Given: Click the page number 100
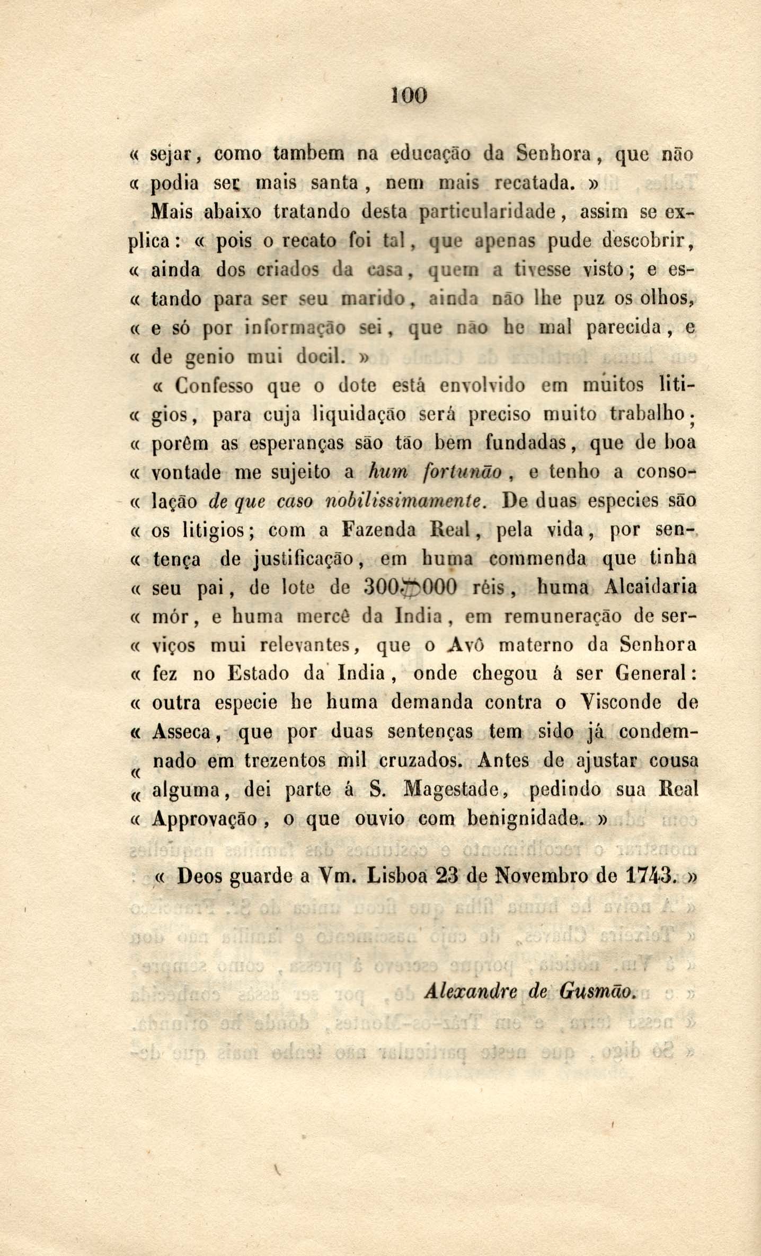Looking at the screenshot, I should coord(410,95).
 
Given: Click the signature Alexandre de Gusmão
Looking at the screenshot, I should coord(529,990).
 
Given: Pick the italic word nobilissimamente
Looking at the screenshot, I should coord(405,501).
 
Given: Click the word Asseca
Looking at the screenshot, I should coord(182,732).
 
